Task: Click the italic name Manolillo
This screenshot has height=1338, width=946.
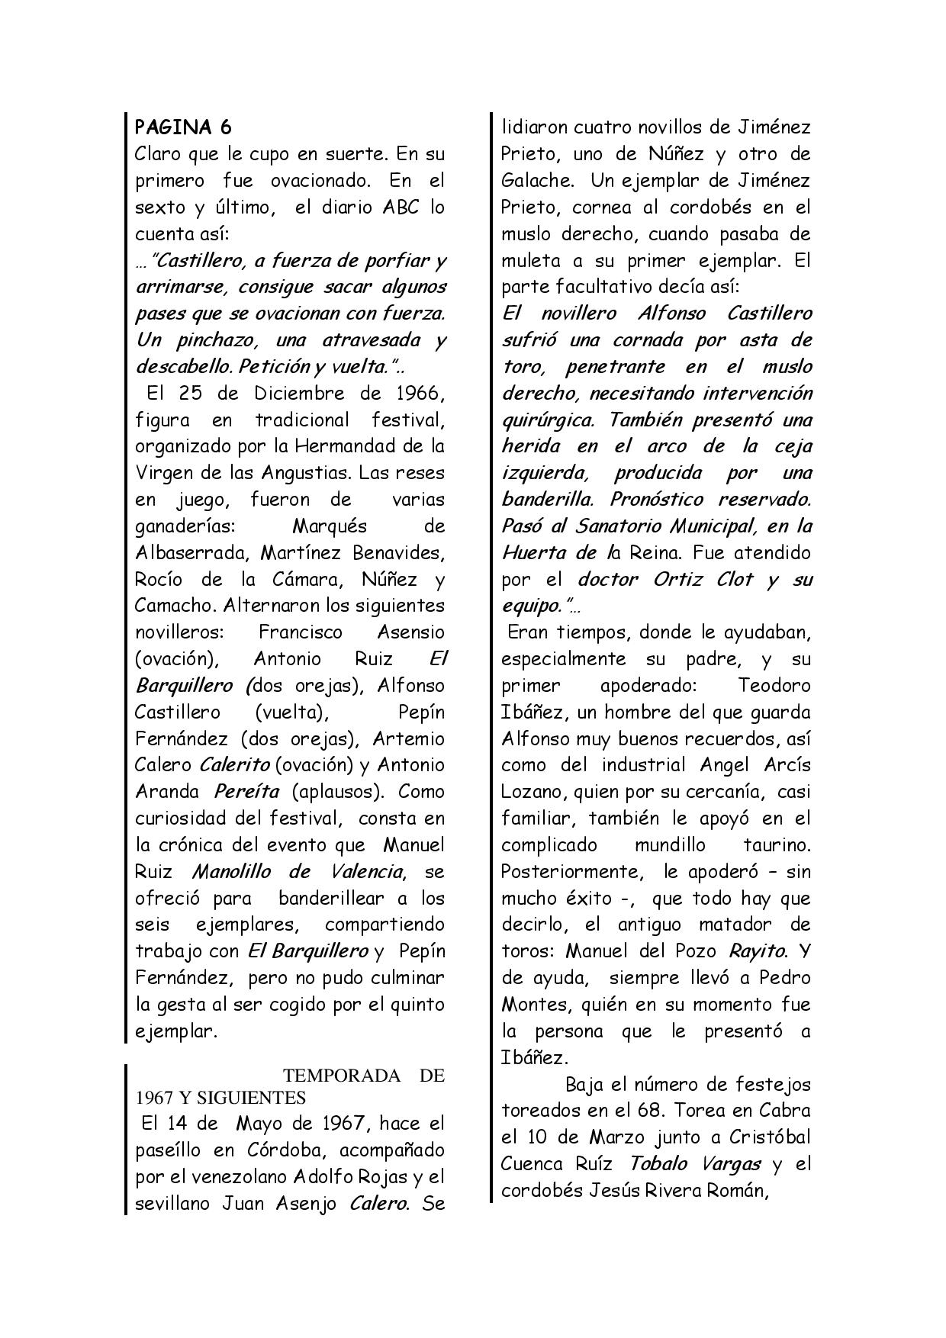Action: click(234, 871)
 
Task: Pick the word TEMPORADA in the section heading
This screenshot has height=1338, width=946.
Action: click(342, 1076)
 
